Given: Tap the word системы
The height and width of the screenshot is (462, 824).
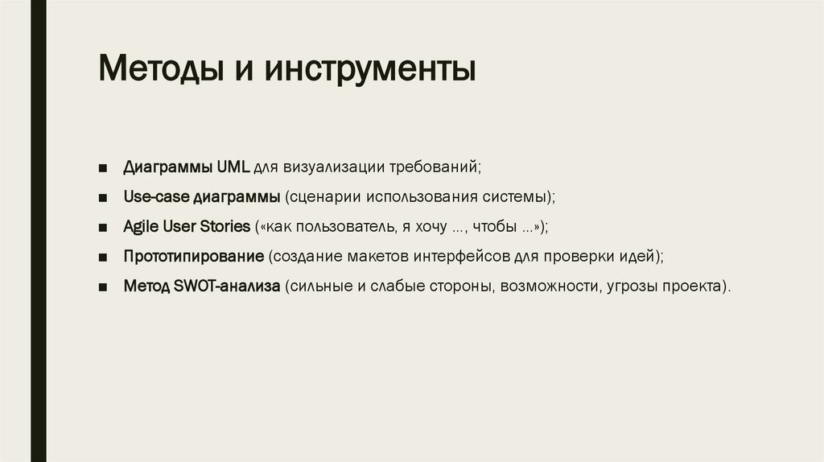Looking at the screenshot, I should click(x=522, y=197).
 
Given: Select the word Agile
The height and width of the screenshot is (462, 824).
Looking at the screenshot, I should click(x=141, y=227).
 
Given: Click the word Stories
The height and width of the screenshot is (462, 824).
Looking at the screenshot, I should click(x=225, y=227).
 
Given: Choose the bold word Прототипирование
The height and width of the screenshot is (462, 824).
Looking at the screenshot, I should click(x=194, y=257).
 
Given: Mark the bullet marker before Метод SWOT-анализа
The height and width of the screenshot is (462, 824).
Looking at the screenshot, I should click(x=103, y=287).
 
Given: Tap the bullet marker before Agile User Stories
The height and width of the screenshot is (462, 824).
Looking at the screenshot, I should click(x=103, y=228).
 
